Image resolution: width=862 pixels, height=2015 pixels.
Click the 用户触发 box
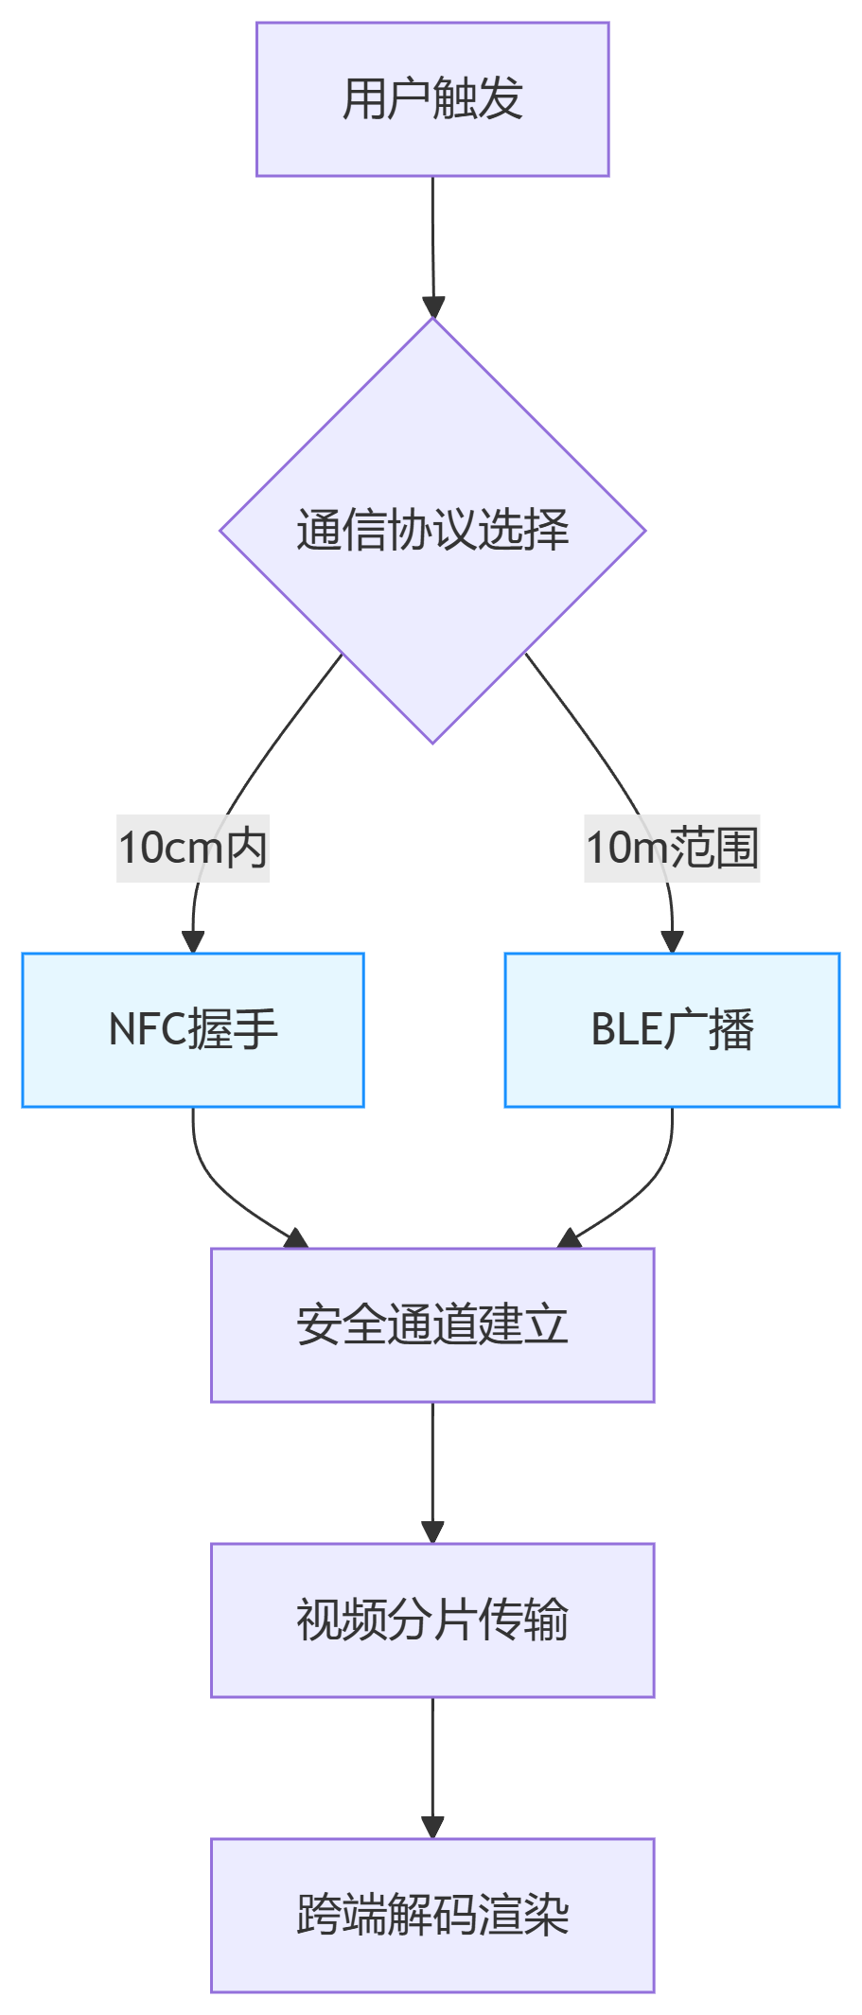pos(432,99)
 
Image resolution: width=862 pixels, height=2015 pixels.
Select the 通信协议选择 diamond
pos(432,531)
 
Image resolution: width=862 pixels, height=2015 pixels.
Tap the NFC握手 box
pos(193,1030)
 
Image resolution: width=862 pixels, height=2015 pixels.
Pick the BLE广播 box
pos(672,1030)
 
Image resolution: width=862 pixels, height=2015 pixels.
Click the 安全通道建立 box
pos(432,1324)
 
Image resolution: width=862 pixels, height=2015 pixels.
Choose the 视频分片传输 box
pos(432,1621)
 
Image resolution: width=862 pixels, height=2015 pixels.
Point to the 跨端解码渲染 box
pos(432,1916)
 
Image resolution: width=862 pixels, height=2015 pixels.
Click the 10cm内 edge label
pos(193,848)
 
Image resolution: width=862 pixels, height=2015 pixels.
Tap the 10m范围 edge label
pos(672,848)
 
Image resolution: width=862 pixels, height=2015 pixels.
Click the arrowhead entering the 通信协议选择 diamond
pos(433,308)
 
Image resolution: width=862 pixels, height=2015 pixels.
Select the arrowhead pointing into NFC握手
pos(193,942)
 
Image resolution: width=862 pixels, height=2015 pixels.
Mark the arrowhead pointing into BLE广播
pos(672,942)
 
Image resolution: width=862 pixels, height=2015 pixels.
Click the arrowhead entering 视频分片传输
pos(432,1533)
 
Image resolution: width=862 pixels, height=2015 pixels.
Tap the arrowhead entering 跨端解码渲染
pos(432,1828)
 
